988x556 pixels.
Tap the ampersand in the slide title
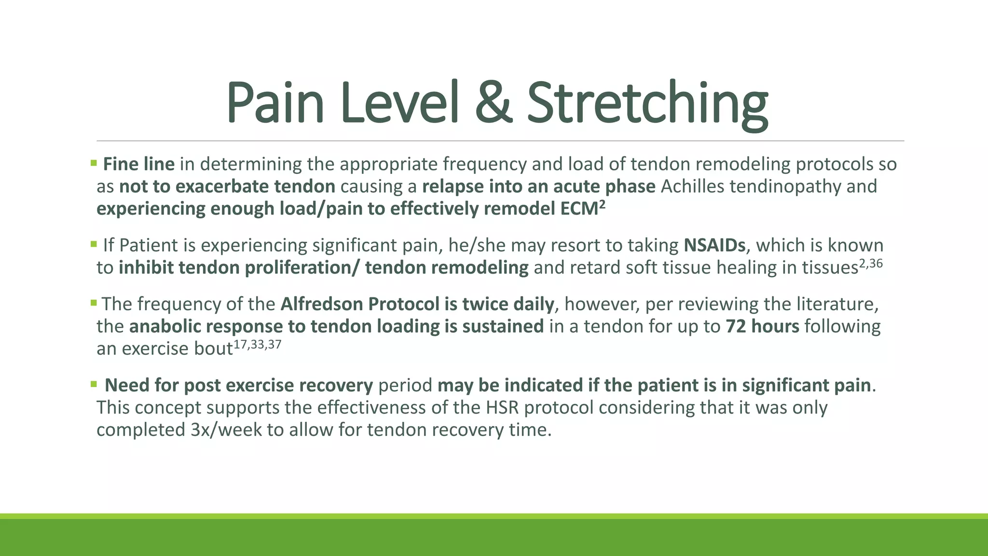pos(493,103)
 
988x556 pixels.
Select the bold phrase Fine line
pos(139,165)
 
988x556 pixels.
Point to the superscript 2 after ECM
pos(602,205)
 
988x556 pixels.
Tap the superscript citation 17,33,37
pos(257,345)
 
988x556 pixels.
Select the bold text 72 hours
pos(762,327)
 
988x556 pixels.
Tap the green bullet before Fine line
pos(94,164)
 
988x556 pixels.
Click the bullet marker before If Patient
pos(94,244)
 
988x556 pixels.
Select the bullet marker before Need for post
pos(94,384)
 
